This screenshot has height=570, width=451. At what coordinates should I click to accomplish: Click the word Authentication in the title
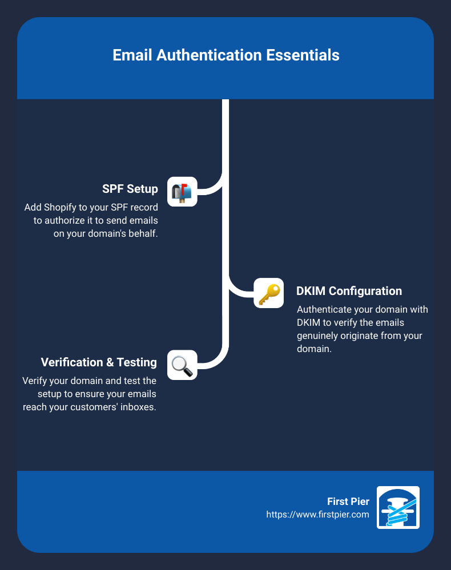pos(209,55)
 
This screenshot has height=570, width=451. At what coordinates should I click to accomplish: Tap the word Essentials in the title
pos(303,55)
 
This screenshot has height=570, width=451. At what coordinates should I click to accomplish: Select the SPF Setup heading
pos(130,189)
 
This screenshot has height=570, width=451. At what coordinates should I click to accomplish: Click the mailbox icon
pos(182,192)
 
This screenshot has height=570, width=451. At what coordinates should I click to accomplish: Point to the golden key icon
pos(269,293)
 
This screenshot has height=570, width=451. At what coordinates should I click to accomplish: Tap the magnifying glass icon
pos(182,365)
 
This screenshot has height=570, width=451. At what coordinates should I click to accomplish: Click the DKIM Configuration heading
pos(349,291)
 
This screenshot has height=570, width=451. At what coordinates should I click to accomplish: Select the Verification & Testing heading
pos(99,362)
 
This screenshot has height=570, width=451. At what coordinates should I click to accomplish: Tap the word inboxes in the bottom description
pos(138,407)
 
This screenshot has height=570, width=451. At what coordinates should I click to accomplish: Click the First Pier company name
pos(348,502)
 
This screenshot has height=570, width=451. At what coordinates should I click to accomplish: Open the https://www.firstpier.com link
pos(317,515)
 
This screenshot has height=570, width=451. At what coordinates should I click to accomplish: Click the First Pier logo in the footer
pos(398,507)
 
